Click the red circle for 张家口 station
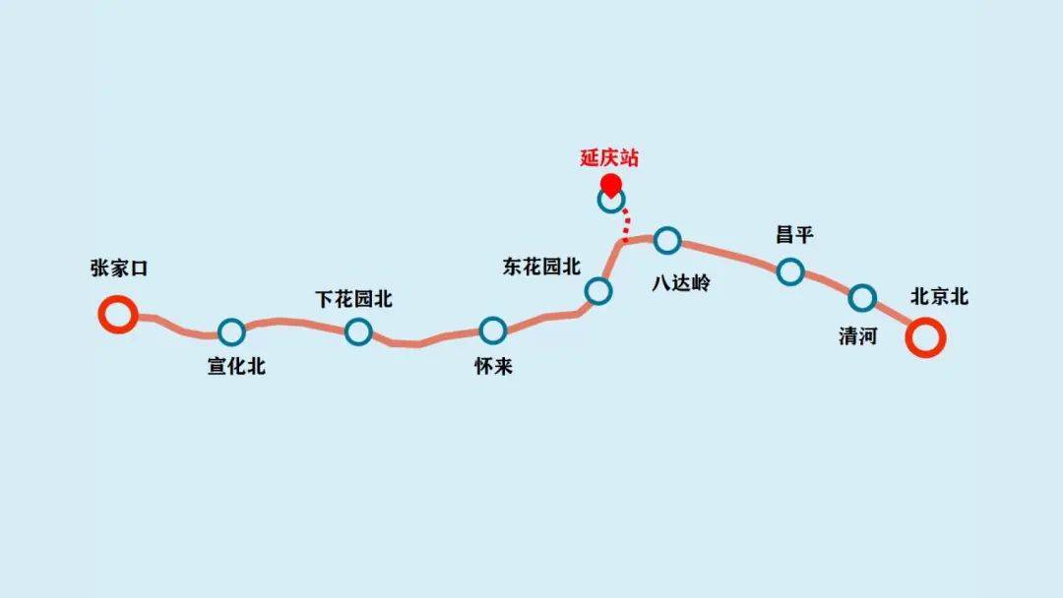[117, 315]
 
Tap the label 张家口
[118, 269]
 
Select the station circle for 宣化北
[231, 332]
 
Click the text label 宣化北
[236, 367]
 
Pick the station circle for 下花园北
[358, 332]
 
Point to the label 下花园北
[353, 299]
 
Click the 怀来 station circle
[493, 330]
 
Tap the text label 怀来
[493, 367]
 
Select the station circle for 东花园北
[597, 290]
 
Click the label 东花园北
[541, 267]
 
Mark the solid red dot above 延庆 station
[610, 183]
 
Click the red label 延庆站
[609, 158]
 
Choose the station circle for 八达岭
[667, 239]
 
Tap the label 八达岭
[680, 283]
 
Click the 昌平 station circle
[790, 271]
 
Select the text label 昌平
[794, 236]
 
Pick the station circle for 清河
[862, 297]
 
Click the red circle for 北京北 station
[926, 337]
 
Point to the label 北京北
[939, 297]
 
